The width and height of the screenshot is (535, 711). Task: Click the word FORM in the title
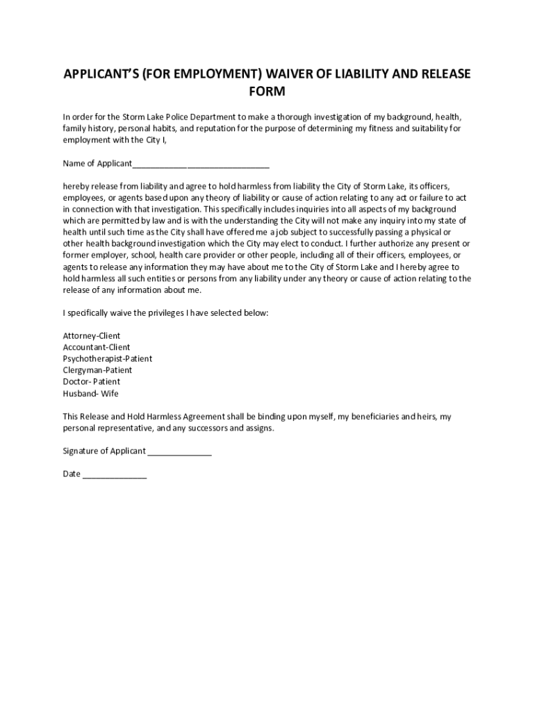point(267,92)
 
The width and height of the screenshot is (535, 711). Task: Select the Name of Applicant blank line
point(201,164)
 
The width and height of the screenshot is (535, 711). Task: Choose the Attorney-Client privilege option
point(92,335)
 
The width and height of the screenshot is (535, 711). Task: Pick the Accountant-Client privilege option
point(97,347)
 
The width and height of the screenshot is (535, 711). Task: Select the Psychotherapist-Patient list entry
point(108,358)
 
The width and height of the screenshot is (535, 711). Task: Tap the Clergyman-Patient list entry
point(97,370)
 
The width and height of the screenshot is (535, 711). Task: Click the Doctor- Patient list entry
point(91,381)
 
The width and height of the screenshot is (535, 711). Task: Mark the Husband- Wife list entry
point(90,393)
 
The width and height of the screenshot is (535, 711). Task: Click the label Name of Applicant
point(97,164)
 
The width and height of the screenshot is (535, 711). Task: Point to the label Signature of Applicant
point(104,451)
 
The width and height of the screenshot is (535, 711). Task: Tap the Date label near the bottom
point(72,474)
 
